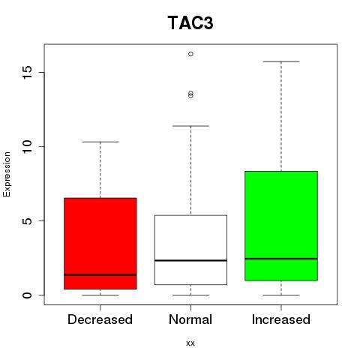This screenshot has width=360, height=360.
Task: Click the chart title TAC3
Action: [x=190, y=22]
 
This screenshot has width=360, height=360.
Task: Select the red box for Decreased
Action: [x=100, y=244]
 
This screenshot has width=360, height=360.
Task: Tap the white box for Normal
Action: [x=190, y=250]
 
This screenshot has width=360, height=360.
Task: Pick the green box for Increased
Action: [x=281, y=226]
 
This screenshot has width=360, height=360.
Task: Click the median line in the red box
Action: [x=100, y=274]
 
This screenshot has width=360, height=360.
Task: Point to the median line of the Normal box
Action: [x=190, y=260]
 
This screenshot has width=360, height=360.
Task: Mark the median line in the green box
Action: [x=281, y=259]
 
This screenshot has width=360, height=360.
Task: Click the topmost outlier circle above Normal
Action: [x=190, y=54]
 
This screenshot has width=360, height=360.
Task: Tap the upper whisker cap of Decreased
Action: [x=100, y=142]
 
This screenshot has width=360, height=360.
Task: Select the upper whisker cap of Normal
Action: [x=190, y=126]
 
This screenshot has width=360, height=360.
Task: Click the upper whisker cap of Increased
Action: [x=281, y=61]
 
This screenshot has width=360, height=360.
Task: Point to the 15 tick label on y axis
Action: [x=27, y=73]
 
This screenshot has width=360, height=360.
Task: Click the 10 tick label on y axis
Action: [x=27, y=146]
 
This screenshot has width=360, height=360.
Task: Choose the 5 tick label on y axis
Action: [x=28, y=220]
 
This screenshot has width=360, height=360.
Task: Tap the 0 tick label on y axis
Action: [x=28, y=295]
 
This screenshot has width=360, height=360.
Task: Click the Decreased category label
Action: [x=100, y=319]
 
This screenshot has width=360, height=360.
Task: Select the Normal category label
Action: [x=190, y=319]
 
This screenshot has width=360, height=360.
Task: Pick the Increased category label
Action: [x=281, y=319]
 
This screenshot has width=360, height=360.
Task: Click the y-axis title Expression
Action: [x=7, y=174]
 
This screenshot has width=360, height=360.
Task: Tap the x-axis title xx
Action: [x=190, y=343]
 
